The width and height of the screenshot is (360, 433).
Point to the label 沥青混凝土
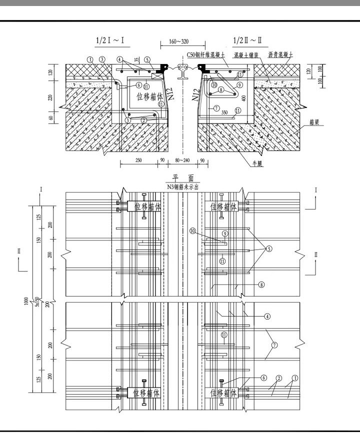pos(281,54)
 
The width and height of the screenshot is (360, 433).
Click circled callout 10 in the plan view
pos(192,231)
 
